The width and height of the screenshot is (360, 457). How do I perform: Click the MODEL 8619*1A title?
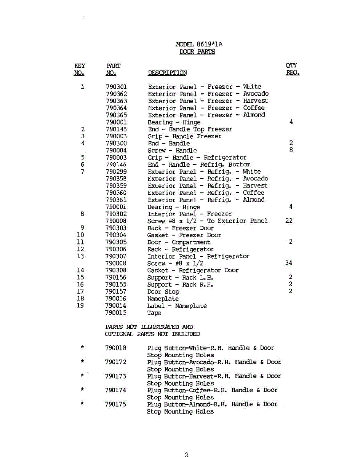(x=199, y=44)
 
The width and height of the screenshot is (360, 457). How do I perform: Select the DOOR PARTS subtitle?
(x=197, y=52)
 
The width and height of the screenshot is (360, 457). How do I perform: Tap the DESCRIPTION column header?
(x=167, y=73)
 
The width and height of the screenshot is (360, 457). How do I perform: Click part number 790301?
(x=117, y=87)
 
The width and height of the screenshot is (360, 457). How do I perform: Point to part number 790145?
(x=117, y=129)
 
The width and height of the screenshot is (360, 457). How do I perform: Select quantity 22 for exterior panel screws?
(x=289, y=221)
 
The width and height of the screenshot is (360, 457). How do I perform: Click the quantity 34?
(x=289, y=263)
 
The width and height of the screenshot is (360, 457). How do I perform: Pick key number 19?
(x=80, y=305)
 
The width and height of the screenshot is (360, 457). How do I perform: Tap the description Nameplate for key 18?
(x=163, y=299)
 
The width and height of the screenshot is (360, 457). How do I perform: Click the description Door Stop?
(x=163, y=292)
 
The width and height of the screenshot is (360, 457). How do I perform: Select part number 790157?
(x=116, y=292)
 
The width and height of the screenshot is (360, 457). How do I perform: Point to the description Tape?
(x=154, y=313)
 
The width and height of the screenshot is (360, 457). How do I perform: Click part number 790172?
(x=115, y=362)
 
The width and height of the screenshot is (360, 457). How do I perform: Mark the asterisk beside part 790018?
(x=82, y=347)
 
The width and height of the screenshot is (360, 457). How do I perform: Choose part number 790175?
(x=115, y=404)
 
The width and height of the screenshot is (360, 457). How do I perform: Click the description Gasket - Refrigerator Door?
(x=193, y=270)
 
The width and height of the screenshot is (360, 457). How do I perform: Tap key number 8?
(x=82, y=214)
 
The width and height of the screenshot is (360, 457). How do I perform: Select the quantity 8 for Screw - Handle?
(x=291, y=150)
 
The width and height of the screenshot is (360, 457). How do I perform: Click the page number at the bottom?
(x=187, y=454)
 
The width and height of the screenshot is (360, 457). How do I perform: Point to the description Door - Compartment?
(x=179, y=242)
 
